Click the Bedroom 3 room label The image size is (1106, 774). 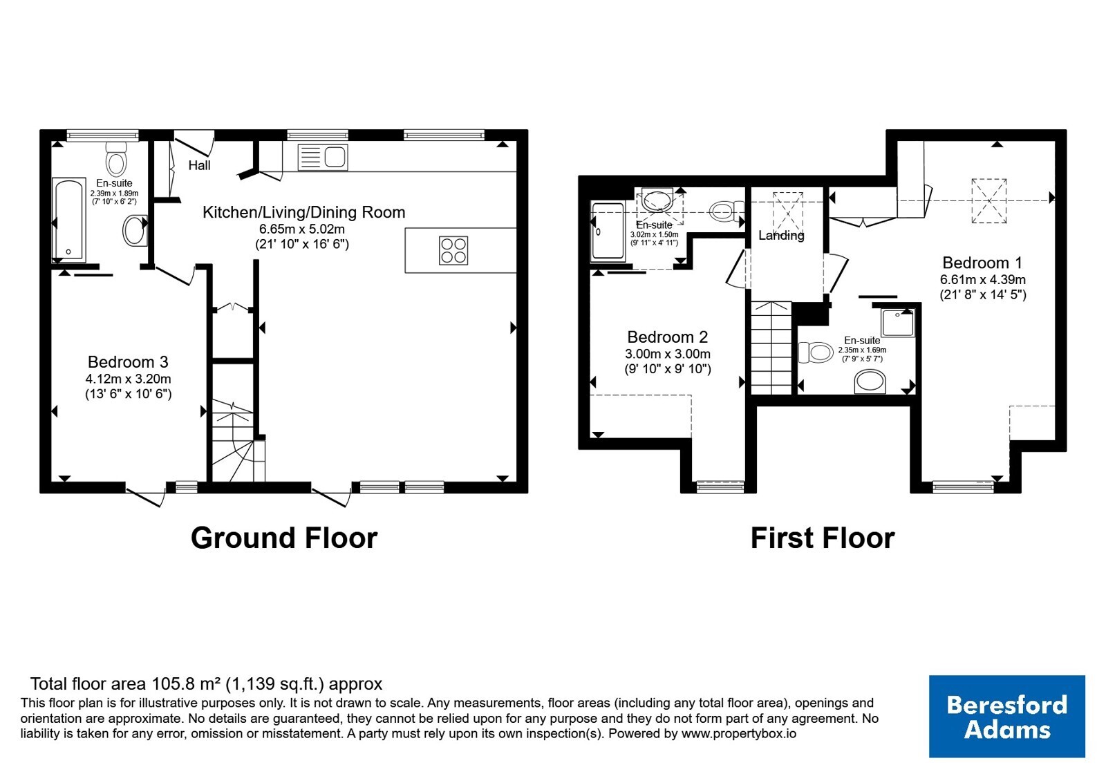(x=129, y=362)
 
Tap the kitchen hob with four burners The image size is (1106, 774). (x=453, y=251)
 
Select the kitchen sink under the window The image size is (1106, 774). (x=323, y=158)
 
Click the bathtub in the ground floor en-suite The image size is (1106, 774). (x=68, y=220)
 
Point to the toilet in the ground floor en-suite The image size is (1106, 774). (x=117, y=159)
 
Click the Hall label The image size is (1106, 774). (x=200, y=165)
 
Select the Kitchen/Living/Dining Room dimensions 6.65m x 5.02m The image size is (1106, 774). (x=302, y=229)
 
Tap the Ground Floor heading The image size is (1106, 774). (x=284, y=538)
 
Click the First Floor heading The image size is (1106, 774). (x=823, y=538)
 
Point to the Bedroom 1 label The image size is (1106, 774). (x=982, y=263)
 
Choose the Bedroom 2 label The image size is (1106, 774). (x=668, y=337)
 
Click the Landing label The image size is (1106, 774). (x=781, y=236)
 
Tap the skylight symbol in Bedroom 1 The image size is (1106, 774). (x=989, y=200)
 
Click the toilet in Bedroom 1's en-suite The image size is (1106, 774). (x=816, y=352)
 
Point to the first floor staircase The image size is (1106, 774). (x=771, y=348)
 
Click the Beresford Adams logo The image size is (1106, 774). (x=1007, y=716)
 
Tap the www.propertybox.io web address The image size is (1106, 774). (x=739, y=733)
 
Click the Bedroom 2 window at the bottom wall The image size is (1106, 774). (x=720, y=487)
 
